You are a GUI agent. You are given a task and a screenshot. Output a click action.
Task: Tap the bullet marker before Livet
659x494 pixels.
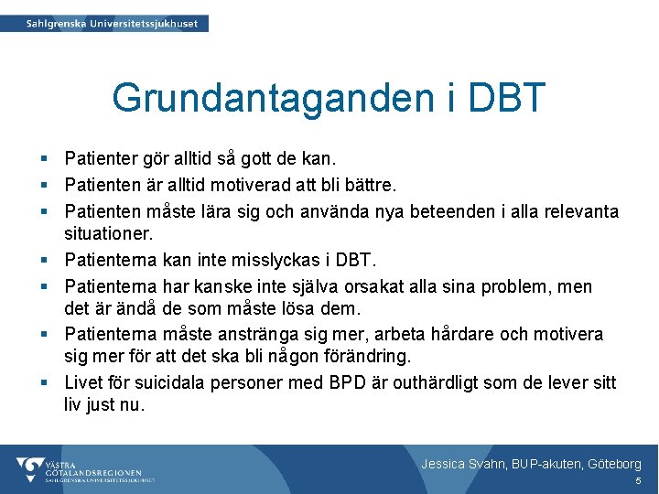(x=46, y=382)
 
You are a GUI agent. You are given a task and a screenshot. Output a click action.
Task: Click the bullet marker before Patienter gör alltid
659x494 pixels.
(x=46, y=161)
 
